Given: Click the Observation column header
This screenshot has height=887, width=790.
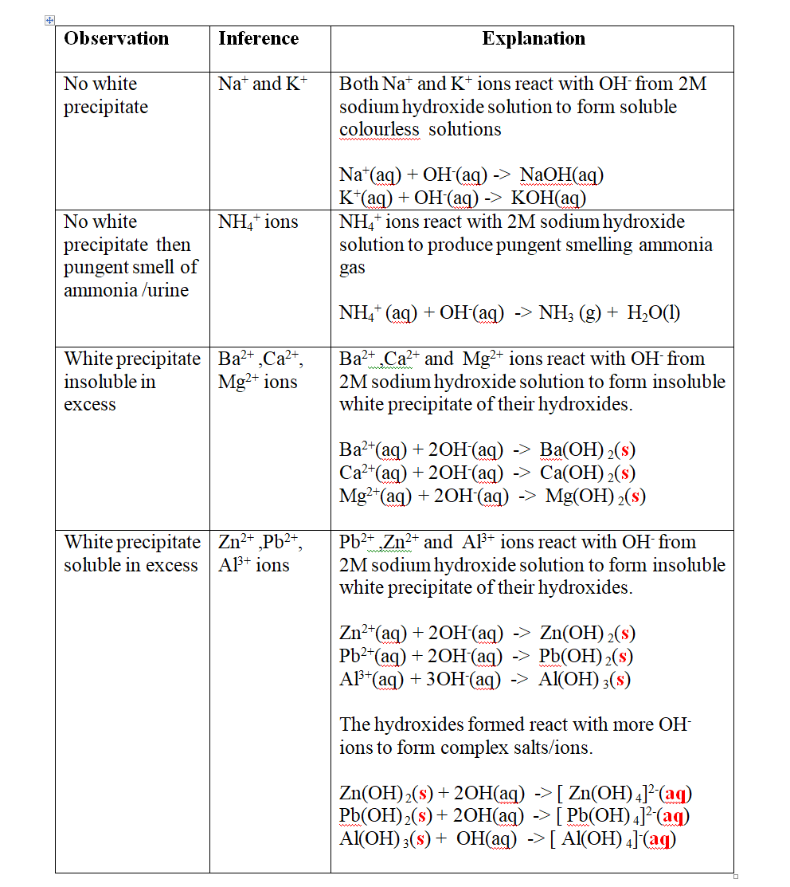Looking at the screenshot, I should coord(116,38).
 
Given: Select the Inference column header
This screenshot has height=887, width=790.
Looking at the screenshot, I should coord(258,38).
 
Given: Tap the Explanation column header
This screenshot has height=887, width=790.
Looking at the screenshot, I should coord(534,38).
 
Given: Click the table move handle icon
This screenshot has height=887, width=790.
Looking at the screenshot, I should coord(49,19).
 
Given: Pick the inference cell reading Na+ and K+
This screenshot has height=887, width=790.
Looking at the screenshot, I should coord(263,84).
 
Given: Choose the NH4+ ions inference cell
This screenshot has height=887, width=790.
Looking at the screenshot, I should coord(258,222).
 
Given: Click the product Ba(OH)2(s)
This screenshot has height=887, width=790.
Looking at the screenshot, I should coord(587,450).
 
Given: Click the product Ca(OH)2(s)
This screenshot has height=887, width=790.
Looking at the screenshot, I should coord(587,473).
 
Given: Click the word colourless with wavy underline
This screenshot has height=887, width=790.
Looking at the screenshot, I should coord(380,129).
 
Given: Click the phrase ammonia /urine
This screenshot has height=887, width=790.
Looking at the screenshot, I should coord(126,290).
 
